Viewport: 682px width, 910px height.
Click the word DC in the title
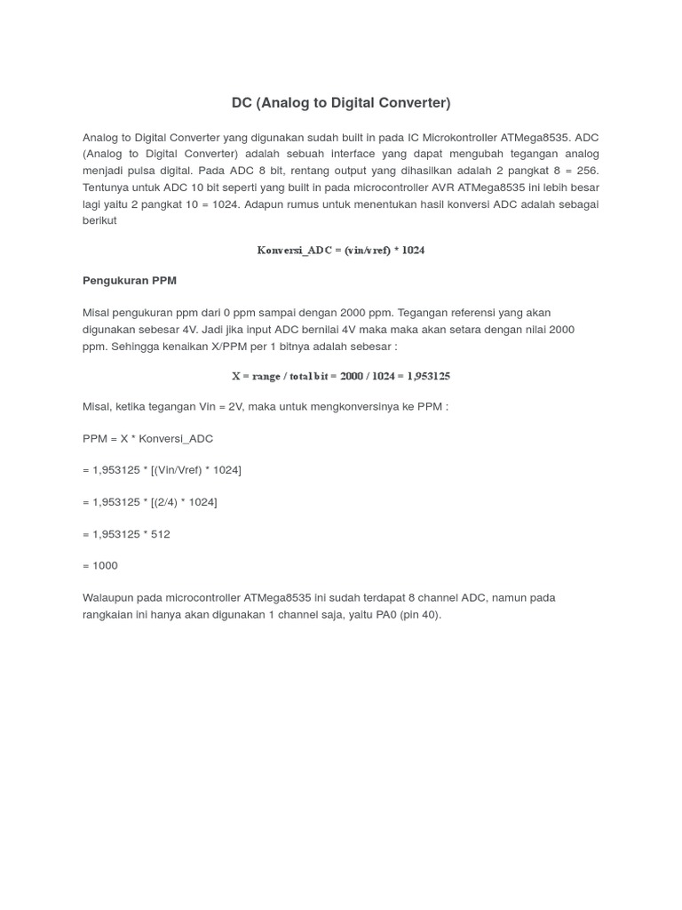pos(242,103)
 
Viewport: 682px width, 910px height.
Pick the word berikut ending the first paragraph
pos(99,220)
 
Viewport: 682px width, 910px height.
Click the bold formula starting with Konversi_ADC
pos(341,251)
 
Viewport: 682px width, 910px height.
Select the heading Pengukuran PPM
pos(130,281)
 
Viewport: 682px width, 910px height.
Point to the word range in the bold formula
pos(266,377)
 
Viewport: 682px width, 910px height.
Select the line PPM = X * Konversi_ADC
pos(147,439)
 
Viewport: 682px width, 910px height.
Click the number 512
pos(160,534)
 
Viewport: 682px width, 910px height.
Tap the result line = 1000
pos(100,566)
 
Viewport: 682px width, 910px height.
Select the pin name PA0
pos(387,615)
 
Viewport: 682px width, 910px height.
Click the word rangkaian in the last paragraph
pos(110,615)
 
